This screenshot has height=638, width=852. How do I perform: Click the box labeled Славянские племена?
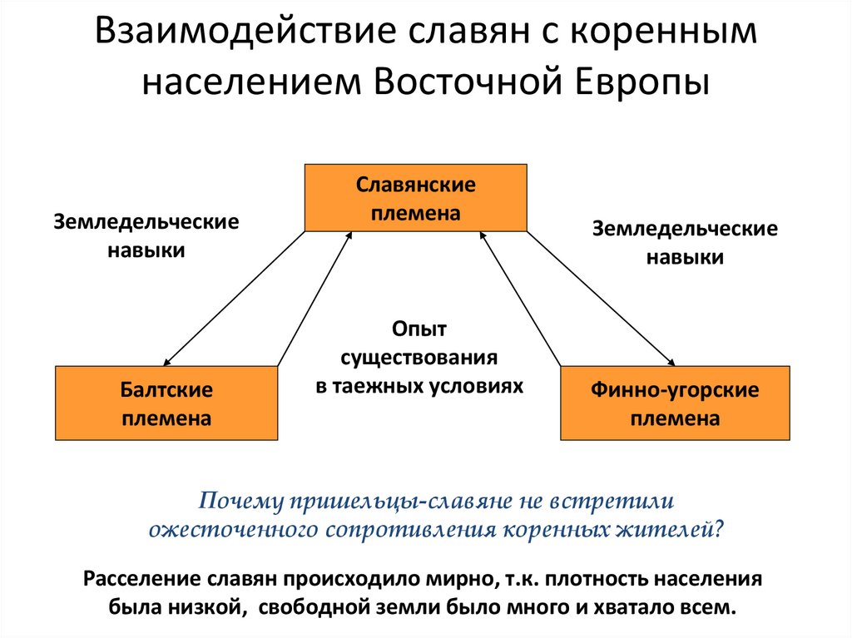pos(415,197)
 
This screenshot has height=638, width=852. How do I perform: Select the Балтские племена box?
pos(166,403)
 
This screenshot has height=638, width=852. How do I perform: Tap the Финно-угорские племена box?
pos(675,403)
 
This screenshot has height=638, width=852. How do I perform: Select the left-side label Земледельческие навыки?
pos(146,236)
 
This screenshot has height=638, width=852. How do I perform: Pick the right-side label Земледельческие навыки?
pos(685,243)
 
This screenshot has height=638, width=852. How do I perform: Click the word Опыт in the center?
pos(419,330)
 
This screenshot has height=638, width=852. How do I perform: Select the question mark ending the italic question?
pos(719,529)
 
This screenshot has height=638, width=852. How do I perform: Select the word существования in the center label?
pos(419,359)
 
